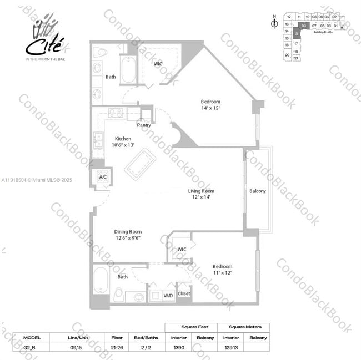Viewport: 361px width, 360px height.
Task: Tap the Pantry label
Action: (x=144, y=126)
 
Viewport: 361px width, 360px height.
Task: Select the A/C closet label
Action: (x=103, y=177)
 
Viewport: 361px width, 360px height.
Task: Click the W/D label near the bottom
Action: (x=167, y=296)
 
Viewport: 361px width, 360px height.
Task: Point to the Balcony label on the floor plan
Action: (x=257, y=191)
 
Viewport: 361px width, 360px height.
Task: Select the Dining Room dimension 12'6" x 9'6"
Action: (x=128, y=238)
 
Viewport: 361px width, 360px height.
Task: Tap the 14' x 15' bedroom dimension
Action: (x=210, y=108)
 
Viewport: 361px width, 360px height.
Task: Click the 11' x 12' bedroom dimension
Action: (x=222, y=272)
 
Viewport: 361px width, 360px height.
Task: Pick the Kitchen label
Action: (x=123, y=139)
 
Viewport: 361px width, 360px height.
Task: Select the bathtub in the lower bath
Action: (x=101, y=281)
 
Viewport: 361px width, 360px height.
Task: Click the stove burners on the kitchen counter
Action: (x=116, y=113)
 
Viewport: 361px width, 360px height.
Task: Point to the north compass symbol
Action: (x=274, y=23)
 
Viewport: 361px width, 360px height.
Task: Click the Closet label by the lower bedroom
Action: (x=184, y=293)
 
